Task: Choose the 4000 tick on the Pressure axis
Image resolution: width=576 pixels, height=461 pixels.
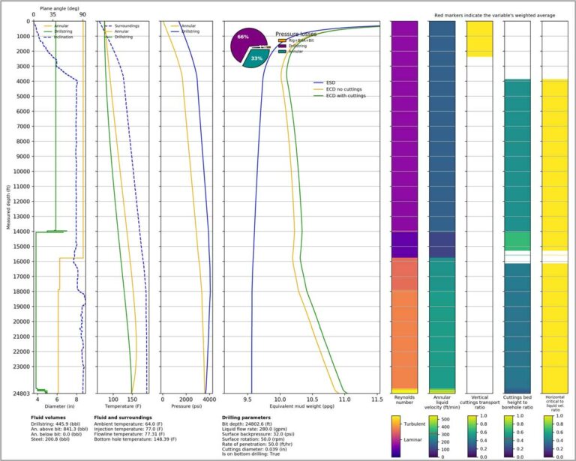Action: [209, 400]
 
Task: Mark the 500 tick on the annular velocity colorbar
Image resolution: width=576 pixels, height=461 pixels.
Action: [446, 418]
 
